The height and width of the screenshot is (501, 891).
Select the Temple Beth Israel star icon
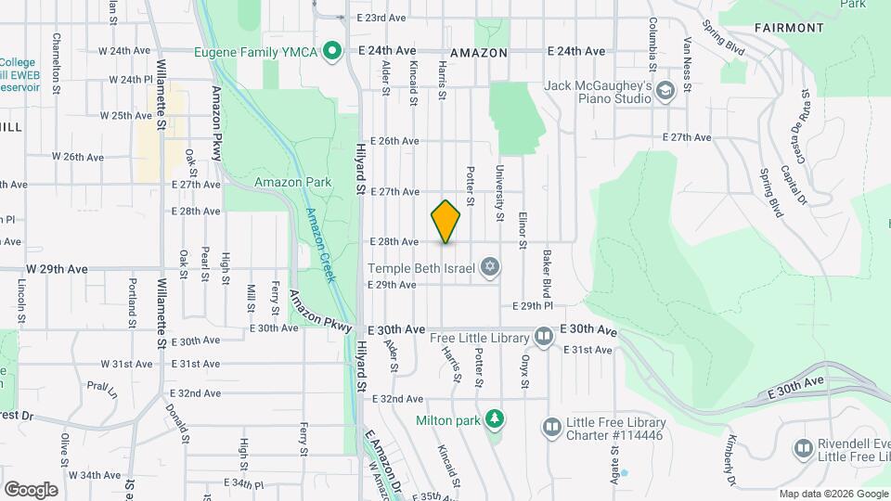(490, 268)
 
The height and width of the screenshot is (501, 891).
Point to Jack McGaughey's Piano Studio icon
(665, 91)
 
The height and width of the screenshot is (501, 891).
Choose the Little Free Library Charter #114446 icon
(552, 427)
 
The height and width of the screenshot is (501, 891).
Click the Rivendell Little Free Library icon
(803, 449)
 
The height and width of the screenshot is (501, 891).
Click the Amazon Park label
(292, 183)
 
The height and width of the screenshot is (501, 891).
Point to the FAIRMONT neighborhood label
(789, 28)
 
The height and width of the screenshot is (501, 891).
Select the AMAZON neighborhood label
(479, 53)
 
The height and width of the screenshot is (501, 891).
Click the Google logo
(31, 490)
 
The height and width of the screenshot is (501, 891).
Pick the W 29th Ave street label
(57, 269)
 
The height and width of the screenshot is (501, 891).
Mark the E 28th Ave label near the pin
(394, 241)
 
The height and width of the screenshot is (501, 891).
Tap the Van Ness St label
(688, 58)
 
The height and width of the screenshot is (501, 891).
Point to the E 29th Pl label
(533, 305)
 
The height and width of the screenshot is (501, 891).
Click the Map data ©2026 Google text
(832, 494)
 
